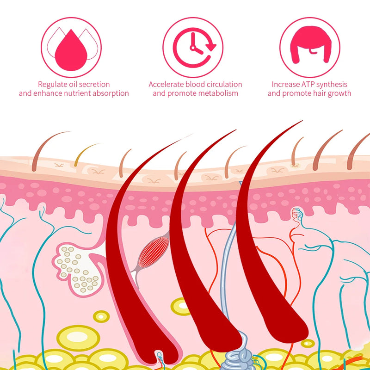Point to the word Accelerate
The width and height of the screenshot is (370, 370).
[166, 84]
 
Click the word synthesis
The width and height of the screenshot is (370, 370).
[331, 84]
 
